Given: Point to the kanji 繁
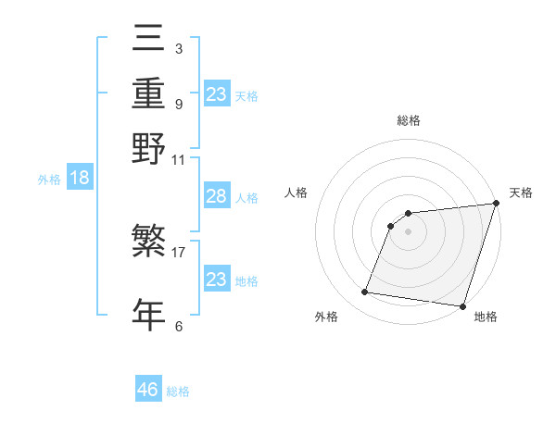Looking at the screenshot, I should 148,242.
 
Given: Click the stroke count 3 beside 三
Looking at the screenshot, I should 178,48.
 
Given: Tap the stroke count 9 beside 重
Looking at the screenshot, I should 178,103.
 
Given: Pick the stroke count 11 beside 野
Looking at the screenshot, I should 179,158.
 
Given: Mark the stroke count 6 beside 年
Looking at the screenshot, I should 178,325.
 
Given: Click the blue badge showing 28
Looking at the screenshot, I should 216,197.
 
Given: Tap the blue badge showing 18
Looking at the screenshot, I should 80,179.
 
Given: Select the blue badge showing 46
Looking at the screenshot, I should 148,390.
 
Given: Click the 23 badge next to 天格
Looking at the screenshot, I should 216,93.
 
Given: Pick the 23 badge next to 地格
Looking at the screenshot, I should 216,280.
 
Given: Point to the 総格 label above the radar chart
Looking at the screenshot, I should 409,120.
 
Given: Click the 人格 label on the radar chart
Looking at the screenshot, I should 297,193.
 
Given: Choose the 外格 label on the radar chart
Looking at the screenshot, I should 326,317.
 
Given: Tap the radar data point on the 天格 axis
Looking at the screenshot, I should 496,204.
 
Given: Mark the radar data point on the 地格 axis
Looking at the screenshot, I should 462,305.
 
